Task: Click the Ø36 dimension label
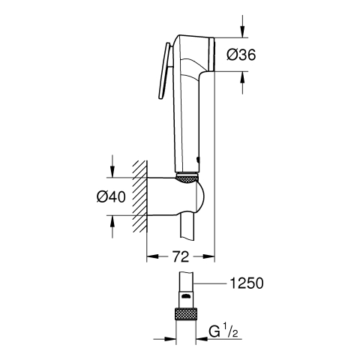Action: point(241,55)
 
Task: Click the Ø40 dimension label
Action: point(111,196)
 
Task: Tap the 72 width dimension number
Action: point(181,256)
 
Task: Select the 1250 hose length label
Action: point(247,283)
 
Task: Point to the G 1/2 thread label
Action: point(223,331)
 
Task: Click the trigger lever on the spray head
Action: point(164,71)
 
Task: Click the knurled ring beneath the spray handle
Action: point(187,179)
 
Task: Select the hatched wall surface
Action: point(139,196)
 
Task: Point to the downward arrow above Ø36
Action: point(242,26)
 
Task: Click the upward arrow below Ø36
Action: point(242,82)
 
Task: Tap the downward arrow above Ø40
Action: point(112,166)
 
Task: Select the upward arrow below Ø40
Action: point(112,226)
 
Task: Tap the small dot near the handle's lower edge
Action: point(198,159)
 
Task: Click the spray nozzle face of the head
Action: point(212,54)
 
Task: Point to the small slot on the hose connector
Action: point(186,296)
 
